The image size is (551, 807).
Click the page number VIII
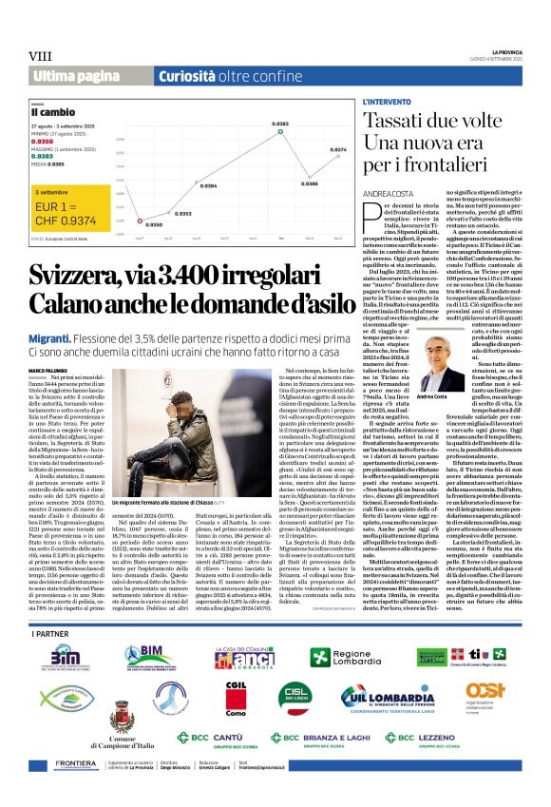click(x=40, y=57)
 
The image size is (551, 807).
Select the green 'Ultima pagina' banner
click(x=74, y=76)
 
